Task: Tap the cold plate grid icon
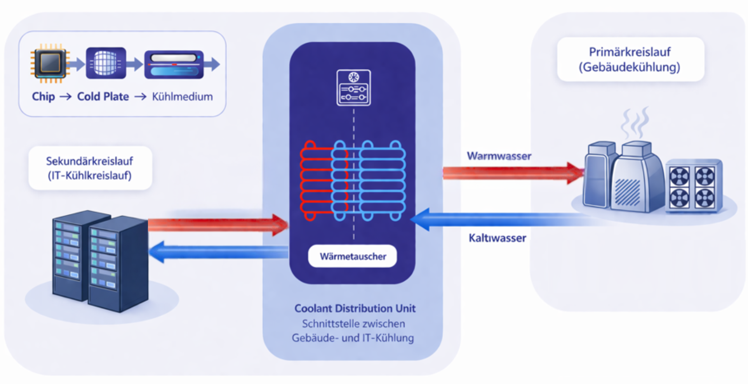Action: pos(106,63)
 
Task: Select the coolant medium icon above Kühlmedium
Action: pos(174,64)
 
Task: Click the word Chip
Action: pos(43,97)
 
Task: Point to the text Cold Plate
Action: pos(103,97)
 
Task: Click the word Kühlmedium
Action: pos(182,97)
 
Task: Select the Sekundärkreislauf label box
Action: pos(90,168)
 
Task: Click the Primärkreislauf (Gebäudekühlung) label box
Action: pos(630,59)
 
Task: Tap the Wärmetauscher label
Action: pos(353,256)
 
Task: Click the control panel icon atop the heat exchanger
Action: pos(353,88)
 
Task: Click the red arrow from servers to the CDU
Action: pos(217,225)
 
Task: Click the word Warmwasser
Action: pos(499,156)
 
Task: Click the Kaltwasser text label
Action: pos(497,238)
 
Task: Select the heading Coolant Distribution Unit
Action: pos(355,308)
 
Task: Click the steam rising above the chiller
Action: pos(635,123)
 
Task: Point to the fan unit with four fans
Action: pos(692,187)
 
